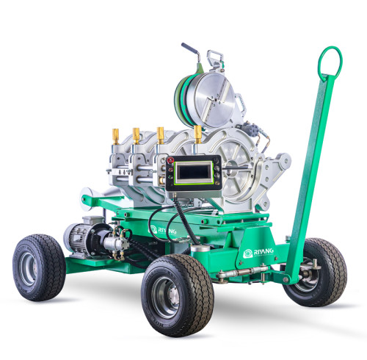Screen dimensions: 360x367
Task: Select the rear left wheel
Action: click(39, 267)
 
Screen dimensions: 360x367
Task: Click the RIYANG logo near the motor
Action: click(166, 230)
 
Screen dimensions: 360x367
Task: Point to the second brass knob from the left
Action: click(137, 135)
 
